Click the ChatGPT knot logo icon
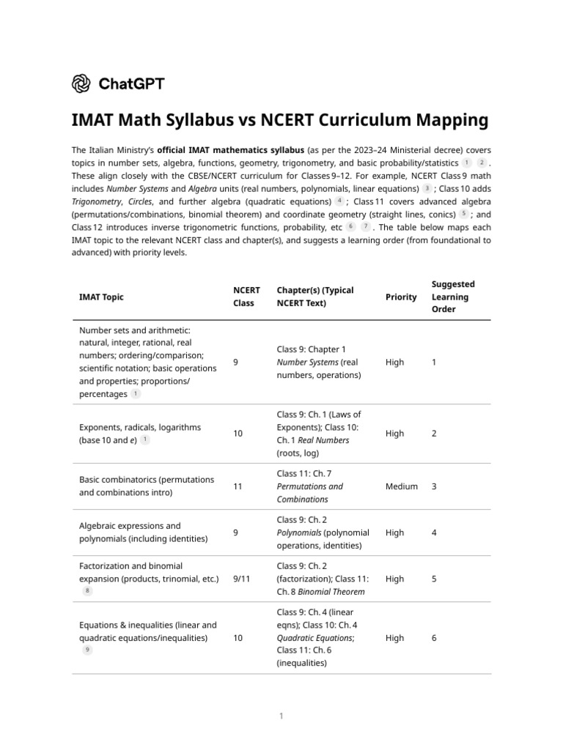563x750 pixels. [81, 83]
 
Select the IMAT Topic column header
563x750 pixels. [101, 297]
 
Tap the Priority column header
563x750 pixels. [401, 297]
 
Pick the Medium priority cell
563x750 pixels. [402, 486]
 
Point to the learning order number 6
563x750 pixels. [434, 638]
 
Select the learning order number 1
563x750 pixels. [434, 362]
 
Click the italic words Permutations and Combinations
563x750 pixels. [309, 493]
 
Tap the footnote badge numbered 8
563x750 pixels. [87, 591]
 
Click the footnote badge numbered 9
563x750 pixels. [87, 650]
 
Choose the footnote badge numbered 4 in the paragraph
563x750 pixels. [339, 201]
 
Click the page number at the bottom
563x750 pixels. [281, 716]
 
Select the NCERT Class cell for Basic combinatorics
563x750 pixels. [238, 486]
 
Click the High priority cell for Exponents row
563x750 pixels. [394, 434]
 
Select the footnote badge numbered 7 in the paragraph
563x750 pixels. [366, 227]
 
